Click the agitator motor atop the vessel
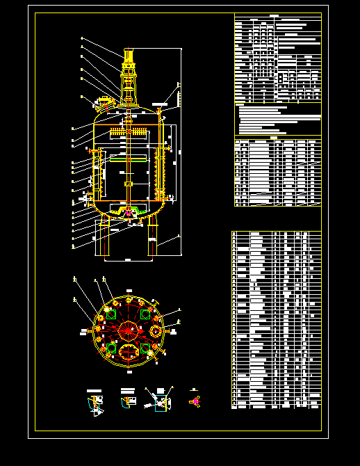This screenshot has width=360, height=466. [129, 56]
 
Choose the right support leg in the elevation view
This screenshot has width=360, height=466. [152, 236]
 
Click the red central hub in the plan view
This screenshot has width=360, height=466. [129, 330]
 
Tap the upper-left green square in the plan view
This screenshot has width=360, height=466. [111, 315]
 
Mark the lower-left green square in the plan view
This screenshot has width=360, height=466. [111, 346]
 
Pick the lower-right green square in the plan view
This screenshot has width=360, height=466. [145, 346]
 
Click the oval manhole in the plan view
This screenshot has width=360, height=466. [129, 351]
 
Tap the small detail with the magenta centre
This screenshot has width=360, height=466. [195, 401]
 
